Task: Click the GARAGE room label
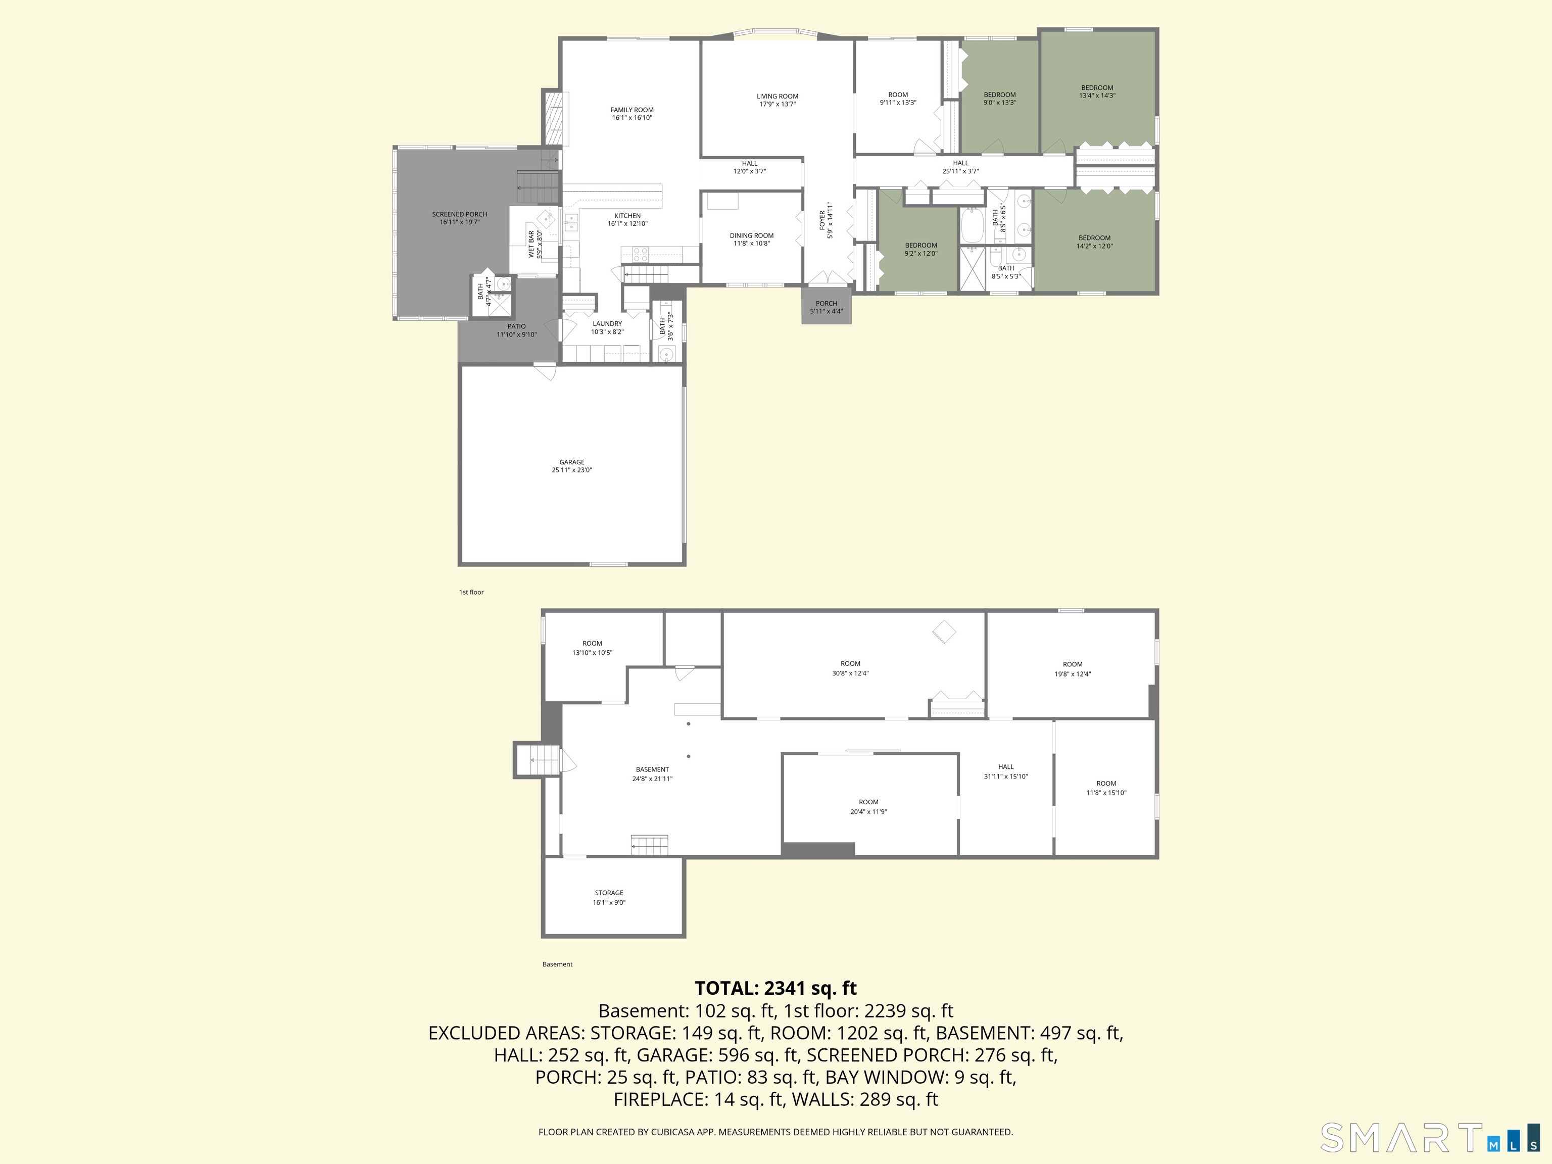click(572, 462)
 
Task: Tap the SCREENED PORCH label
click(460, 214)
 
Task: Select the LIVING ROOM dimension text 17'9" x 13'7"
click(778, 105)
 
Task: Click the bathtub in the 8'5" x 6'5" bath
click(973, 225)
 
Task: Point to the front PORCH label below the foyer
click(827, 304)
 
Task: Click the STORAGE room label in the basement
click(609, 893)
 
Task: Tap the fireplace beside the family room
click(554, 119)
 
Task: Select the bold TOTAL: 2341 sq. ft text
click(775, 988)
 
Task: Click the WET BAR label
click(531, 244)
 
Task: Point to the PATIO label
click(516, 326)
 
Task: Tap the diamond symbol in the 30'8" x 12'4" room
click(944, 632)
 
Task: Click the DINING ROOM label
click(751, 236)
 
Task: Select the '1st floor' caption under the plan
click(471, 592)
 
